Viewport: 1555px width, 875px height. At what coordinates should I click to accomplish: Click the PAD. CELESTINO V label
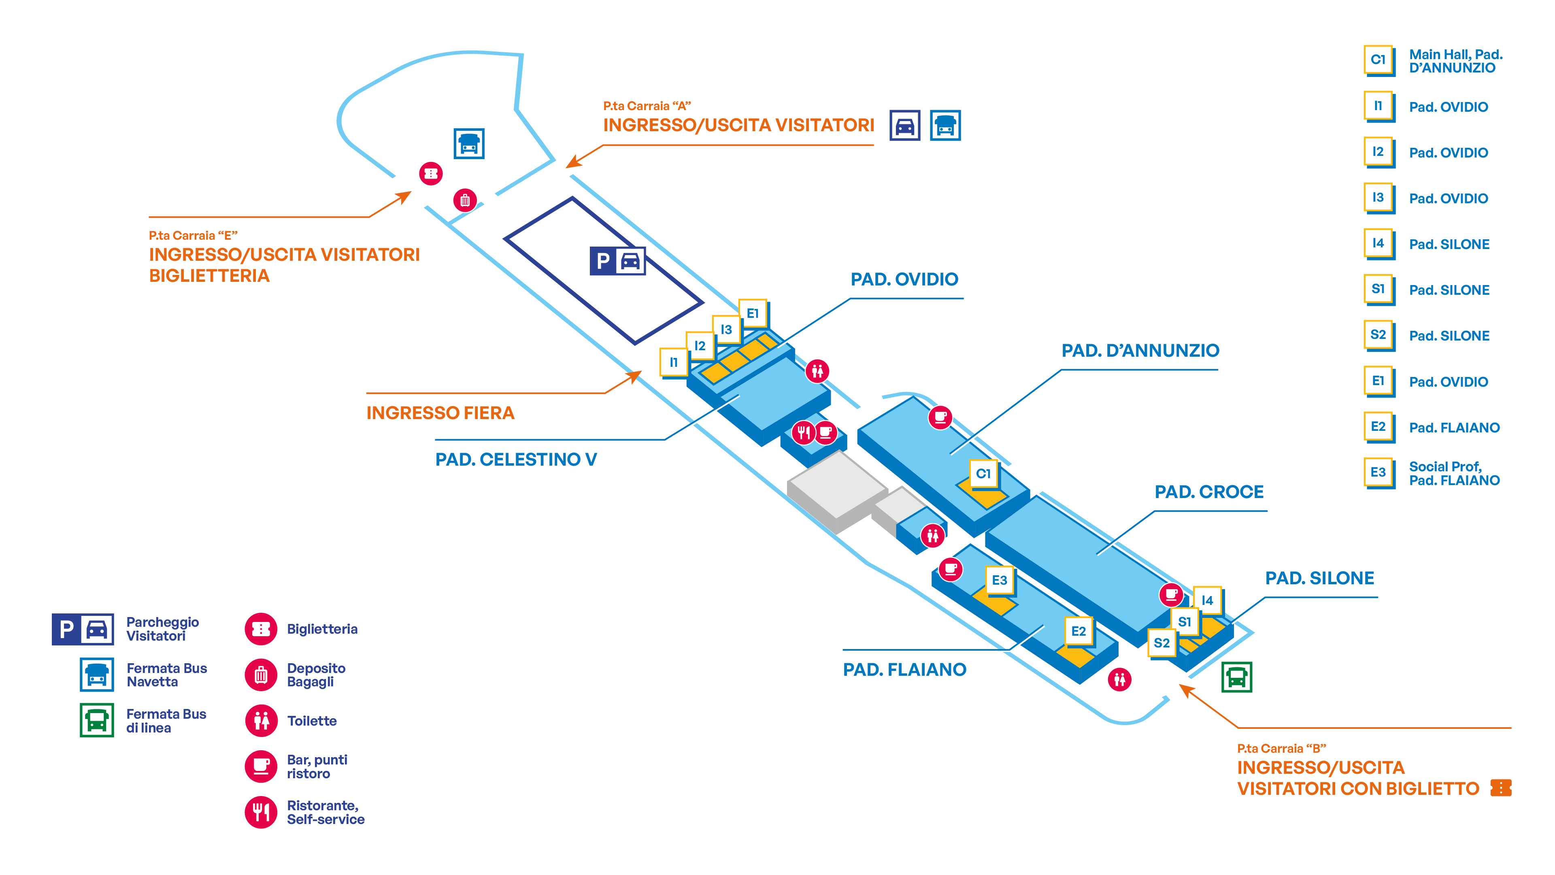pyautogui.click(x=516, y=460)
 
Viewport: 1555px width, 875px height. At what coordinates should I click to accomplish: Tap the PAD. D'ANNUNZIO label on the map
pyautogui.click(x=1140, y=350)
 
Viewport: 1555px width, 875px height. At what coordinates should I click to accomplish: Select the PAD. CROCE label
pyautogui.click(x=1209, y=492)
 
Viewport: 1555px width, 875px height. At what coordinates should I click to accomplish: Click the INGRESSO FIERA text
pyautogui.click(x=440, y=413)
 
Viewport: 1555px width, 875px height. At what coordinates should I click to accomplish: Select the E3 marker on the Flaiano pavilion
pyautogui.click(x=1000, y=580)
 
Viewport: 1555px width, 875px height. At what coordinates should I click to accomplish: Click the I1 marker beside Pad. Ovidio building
pyautogui.click(x=674, y=362)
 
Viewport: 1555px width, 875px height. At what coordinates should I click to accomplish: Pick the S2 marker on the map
pyautogui.click(x=1161, y=643)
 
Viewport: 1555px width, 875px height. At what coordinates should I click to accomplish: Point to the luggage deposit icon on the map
pyautogui.click(x=465, y=200)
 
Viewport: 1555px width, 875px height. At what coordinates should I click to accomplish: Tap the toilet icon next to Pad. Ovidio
pyautogui.click(x=817, y=371)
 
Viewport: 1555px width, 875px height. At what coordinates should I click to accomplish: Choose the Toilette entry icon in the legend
pyautogui.click(x=261, y=720)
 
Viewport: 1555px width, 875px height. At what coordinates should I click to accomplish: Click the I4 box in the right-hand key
pyautogui.click(x=1379, y=243)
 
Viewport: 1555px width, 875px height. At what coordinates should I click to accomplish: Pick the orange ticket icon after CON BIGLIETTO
pyautogui.click(x=1501, y=788)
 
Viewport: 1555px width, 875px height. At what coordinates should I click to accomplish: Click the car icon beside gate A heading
pyautogui.click(x=904, y=126)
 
